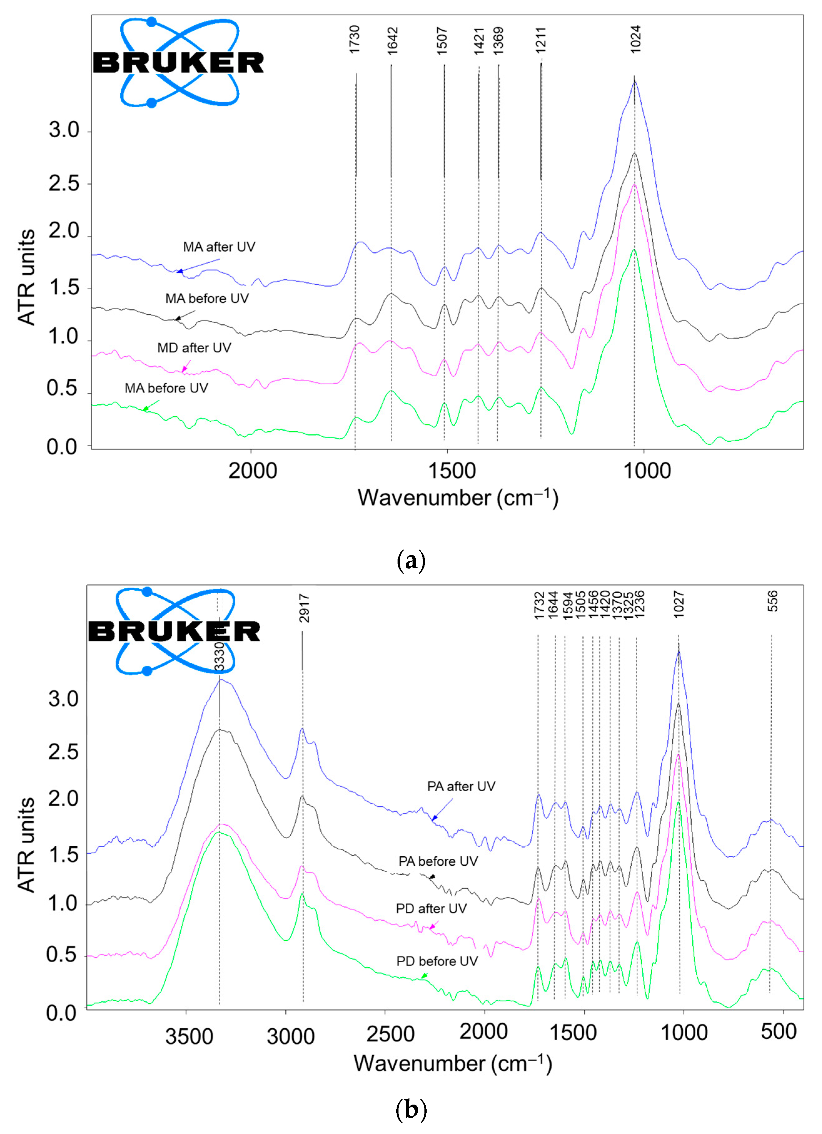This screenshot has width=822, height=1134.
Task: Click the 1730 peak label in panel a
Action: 354,40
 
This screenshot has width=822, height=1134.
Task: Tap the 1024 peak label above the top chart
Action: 635,40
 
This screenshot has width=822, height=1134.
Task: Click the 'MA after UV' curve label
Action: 219,247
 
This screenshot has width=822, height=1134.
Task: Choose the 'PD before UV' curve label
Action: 437,961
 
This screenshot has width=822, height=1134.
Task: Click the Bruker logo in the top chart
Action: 178,63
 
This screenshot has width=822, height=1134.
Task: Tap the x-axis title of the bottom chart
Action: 453,1064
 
